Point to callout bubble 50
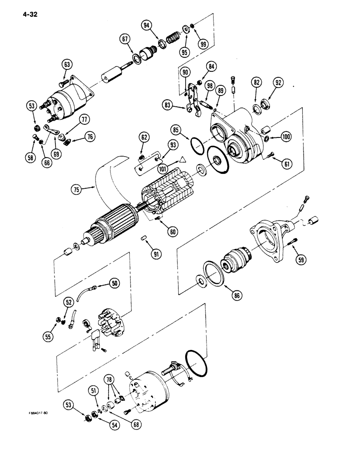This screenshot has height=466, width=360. coord(115,282)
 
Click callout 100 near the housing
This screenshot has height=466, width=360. coord(286,137)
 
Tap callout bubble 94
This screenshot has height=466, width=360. coord(148,26)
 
